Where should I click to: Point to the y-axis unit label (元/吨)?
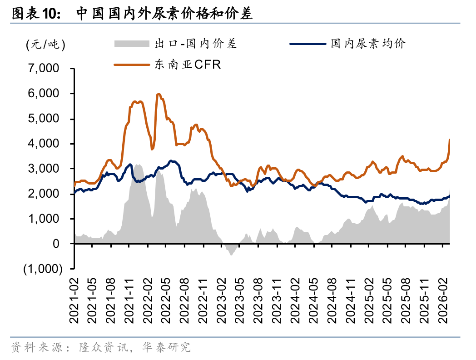[x=46, y=45]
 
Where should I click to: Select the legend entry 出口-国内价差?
[x=196, y=44]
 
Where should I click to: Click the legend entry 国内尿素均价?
[x=367, y=44]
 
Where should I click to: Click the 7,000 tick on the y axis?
[x=44, y=69]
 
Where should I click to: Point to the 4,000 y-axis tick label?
[x=44, y=144]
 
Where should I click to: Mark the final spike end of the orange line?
[x=450, y=140]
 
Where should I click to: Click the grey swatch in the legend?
[x=131, y=44]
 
